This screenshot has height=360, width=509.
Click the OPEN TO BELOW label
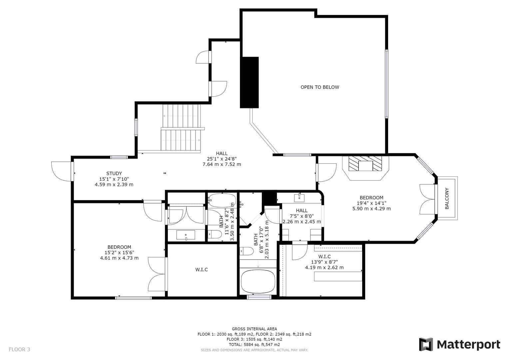[320, 87]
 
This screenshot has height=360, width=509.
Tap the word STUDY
[114, 174]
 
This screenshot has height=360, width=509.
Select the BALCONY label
[447, 198]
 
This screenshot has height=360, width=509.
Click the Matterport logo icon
[426, 344]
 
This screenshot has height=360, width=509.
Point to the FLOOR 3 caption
[19, 349]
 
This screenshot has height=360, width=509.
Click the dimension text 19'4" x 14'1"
[371, 203]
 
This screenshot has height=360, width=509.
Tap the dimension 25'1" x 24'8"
[222, 159]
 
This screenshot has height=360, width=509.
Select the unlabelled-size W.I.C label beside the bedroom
[202, 269]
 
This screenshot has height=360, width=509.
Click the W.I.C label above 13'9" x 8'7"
[324, 257]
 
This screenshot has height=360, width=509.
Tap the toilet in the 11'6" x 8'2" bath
[215, 234]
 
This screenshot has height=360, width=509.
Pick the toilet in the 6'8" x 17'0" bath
[247, 251]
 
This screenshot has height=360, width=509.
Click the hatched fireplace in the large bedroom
[365, 164]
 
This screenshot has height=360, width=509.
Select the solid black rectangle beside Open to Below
[249, 82]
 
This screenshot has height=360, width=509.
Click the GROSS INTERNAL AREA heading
[254, 329]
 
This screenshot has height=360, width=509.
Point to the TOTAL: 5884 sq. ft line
[254, 345]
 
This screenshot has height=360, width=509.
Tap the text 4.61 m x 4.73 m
[119, 258]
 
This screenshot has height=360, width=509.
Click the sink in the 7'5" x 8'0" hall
[299, 198]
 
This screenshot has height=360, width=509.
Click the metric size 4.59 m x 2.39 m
[114, 184]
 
